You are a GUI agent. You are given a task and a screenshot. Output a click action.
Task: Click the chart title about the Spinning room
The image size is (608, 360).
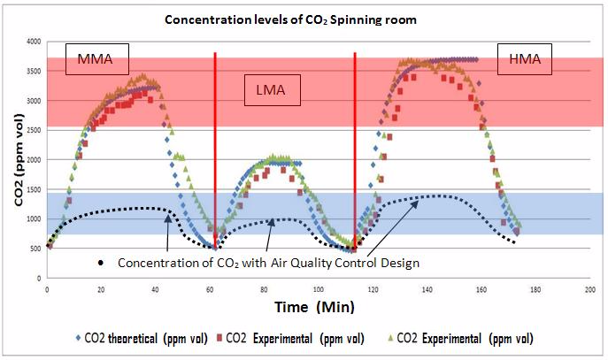pos(304,20)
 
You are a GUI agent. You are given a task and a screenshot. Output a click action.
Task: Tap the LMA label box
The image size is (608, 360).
pos(273,88)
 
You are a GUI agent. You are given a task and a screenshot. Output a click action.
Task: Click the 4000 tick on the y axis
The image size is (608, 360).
pos(34,42)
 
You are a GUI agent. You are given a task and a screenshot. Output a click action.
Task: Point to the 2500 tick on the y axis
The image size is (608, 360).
pos(34,130)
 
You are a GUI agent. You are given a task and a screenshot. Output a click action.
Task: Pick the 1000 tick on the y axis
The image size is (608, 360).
pos(34,218)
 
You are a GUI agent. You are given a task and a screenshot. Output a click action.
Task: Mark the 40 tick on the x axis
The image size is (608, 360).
pos(156,289)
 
